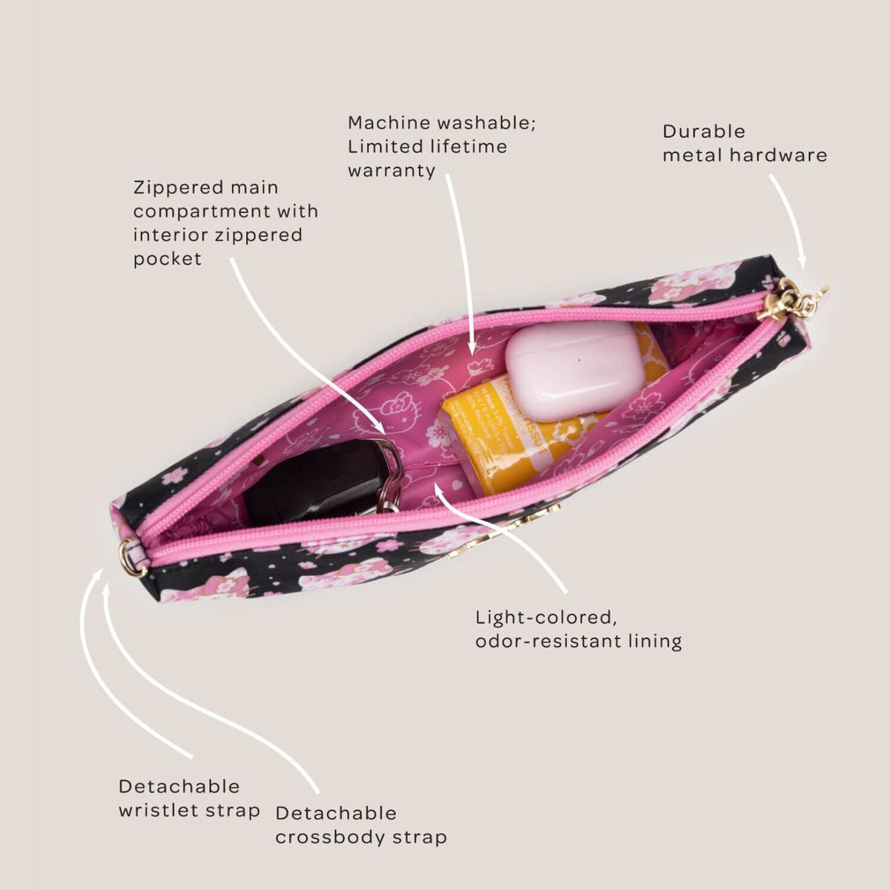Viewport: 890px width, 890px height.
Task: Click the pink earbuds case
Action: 573,372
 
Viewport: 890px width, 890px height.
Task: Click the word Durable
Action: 704,132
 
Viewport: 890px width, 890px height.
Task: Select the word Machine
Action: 389,123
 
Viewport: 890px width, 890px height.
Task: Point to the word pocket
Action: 168,260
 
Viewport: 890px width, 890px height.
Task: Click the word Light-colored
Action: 547,619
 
